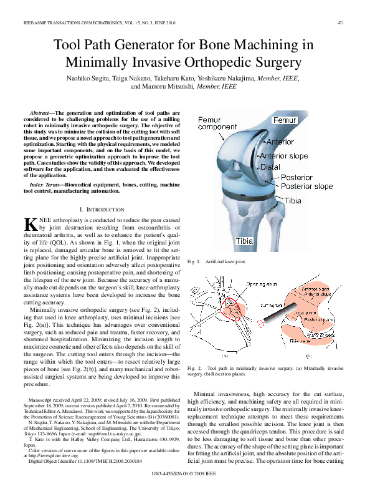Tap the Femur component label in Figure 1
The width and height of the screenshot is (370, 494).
point(217,123)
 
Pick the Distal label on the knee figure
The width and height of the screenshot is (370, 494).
point(270,167)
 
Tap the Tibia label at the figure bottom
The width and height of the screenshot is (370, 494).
point(245,241)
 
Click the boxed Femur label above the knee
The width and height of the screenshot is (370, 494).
point(285,119)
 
